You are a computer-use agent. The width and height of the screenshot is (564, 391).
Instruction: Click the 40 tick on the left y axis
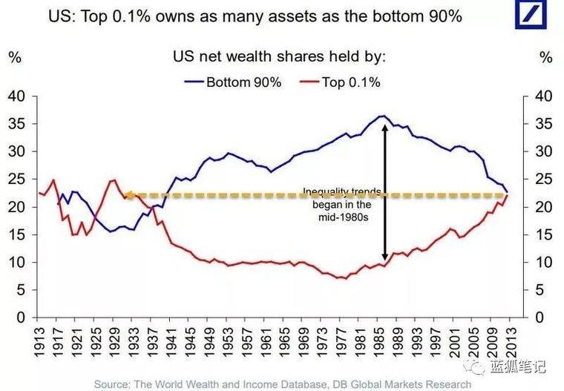16,96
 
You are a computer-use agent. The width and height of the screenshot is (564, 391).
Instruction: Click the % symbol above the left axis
14,57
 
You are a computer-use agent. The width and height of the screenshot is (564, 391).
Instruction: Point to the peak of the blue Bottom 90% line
381,116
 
